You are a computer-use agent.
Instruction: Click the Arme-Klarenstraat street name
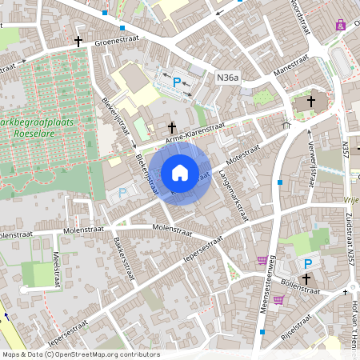point(194,134)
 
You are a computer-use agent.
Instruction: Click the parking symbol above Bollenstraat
point(306,264)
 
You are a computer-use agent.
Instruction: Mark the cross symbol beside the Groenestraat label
point(78,41)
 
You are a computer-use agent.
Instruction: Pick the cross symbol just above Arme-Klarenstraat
point(171,127)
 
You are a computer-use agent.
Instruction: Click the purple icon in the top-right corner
point(342,24)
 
